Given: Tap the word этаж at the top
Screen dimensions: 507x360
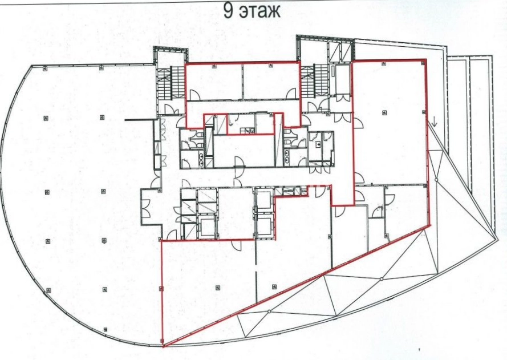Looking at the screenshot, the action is (260, 11).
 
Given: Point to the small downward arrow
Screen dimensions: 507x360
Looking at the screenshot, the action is (435, 122).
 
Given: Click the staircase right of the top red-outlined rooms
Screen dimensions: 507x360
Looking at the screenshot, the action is (314, 80).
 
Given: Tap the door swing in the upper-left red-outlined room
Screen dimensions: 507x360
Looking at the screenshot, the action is (194, 95).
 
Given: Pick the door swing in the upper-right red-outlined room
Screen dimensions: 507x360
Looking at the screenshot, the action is (291, 94).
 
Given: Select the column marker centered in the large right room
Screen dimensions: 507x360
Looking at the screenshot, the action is (384, 112).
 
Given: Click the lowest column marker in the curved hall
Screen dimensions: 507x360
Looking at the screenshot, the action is (106, 330).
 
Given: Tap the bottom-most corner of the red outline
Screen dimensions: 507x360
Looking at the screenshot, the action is (164, 346).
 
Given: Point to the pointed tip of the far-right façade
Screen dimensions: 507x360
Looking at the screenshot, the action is (497, 241).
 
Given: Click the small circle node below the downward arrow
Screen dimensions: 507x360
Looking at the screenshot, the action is (436, 180).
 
